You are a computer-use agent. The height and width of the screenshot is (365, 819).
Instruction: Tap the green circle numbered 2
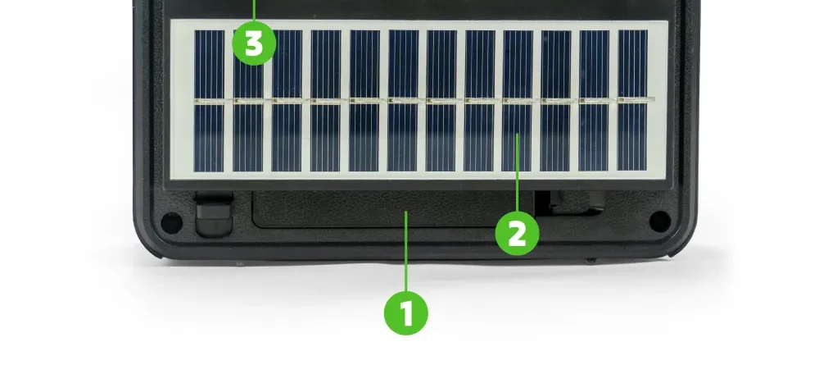pos(517,234)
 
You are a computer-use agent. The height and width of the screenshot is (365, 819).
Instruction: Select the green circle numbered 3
pos(254,43)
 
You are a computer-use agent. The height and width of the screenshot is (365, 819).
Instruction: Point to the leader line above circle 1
pos(406,251)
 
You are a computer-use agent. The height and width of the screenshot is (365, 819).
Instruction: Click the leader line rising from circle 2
pos(517,173)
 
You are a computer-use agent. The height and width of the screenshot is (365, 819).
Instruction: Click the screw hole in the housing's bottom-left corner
pos(171,223)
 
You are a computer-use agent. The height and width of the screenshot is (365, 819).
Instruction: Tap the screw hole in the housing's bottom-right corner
pos(659,221)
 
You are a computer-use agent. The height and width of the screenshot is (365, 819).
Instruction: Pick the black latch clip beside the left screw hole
pos(214,213)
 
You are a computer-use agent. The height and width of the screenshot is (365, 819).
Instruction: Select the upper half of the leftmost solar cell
pos(209,64)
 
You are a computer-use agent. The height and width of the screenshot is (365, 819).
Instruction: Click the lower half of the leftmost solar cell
pos(209,138)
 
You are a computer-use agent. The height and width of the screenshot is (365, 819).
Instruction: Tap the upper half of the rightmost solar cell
pos(632,63)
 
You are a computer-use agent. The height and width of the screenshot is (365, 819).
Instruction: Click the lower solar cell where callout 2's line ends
pos(516,137)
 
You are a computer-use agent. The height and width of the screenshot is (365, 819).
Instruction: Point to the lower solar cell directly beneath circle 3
pos(247,138)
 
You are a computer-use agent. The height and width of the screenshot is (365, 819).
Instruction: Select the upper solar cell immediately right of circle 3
pos(287,64)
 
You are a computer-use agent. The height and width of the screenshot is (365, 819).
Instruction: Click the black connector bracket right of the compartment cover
pos(571,203)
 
